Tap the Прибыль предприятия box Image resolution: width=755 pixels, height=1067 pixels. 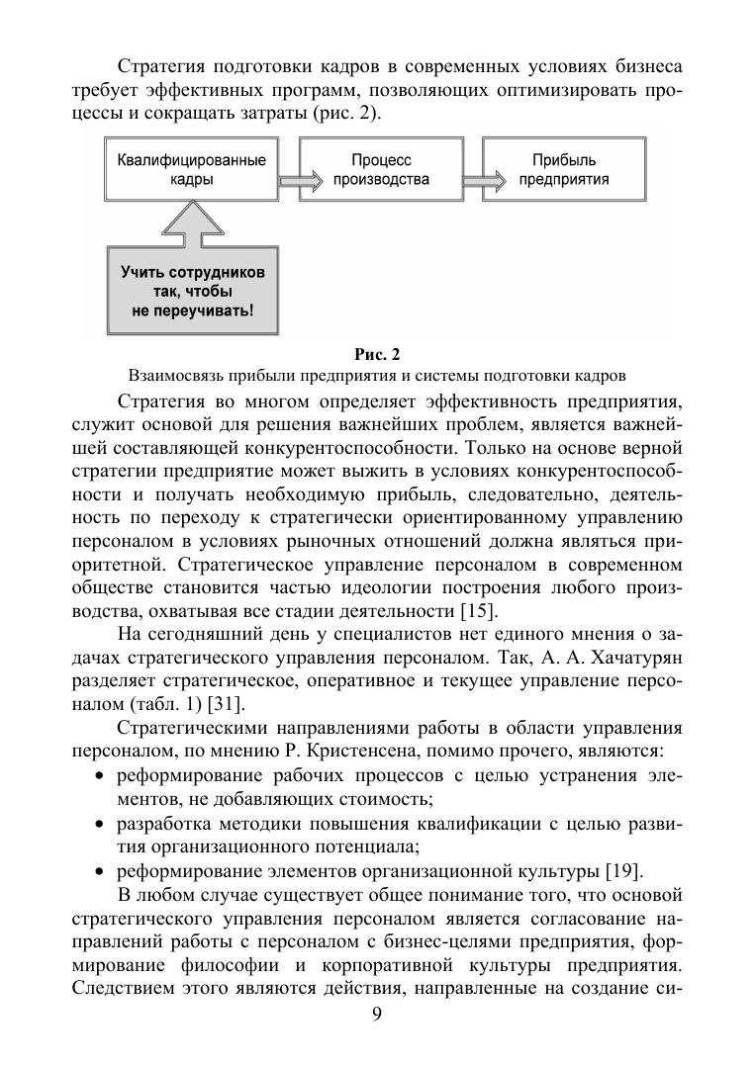coord(563,169)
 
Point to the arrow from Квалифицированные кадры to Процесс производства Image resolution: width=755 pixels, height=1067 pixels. coord(300,181)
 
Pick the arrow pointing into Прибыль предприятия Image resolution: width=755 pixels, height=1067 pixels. coord(481,181)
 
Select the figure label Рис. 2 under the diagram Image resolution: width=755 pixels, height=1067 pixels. coord(377,354)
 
